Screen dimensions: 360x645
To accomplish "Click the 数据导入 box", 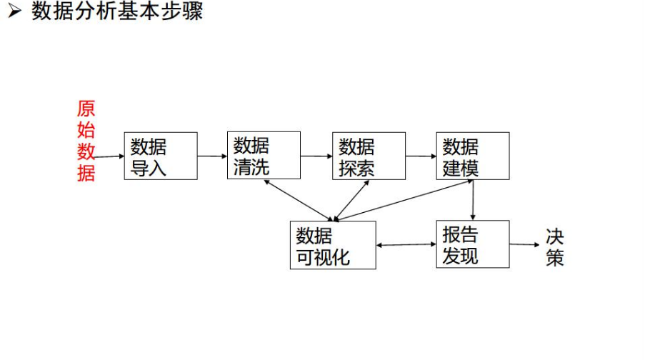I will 161,156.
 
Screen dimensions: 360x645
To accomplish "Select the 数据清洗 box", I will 264,155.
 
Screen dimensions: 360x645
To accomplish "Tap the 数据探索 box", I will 369,156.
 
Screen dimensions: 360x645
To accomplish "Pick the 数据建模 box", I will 473,155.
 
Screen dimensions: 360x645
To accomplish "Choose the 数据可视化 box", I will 333,245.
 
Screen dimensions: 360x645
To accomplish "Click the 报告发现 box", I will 473,244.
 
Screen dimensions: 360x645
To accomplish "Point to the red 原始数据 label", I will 86,141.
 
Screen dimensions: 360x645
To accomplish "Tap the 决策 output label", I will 555,246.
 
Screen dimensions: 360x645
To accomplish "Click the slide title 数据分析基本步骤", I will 118,12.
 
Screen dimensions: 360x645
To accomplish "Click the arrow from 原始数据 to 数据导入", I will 109,156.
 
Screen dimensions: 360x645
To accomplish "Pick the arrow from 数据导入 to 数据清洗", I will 212,155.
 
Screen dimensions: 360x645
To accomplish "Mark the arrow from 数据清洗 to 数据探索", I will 316,155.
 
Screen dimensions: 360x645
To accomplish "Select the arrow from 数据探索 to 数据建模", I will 421,155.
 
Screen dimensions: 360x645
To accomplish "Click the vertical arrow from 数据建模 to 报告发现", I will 473,200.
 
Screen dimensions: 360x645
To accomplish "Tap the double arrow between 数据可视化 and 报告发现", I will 406,245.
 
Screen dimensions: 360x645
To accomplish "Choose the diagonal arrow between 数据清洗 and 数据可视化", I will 299,200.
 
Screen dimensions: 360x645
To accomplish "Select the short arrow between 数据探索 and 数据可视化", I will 353,199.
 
